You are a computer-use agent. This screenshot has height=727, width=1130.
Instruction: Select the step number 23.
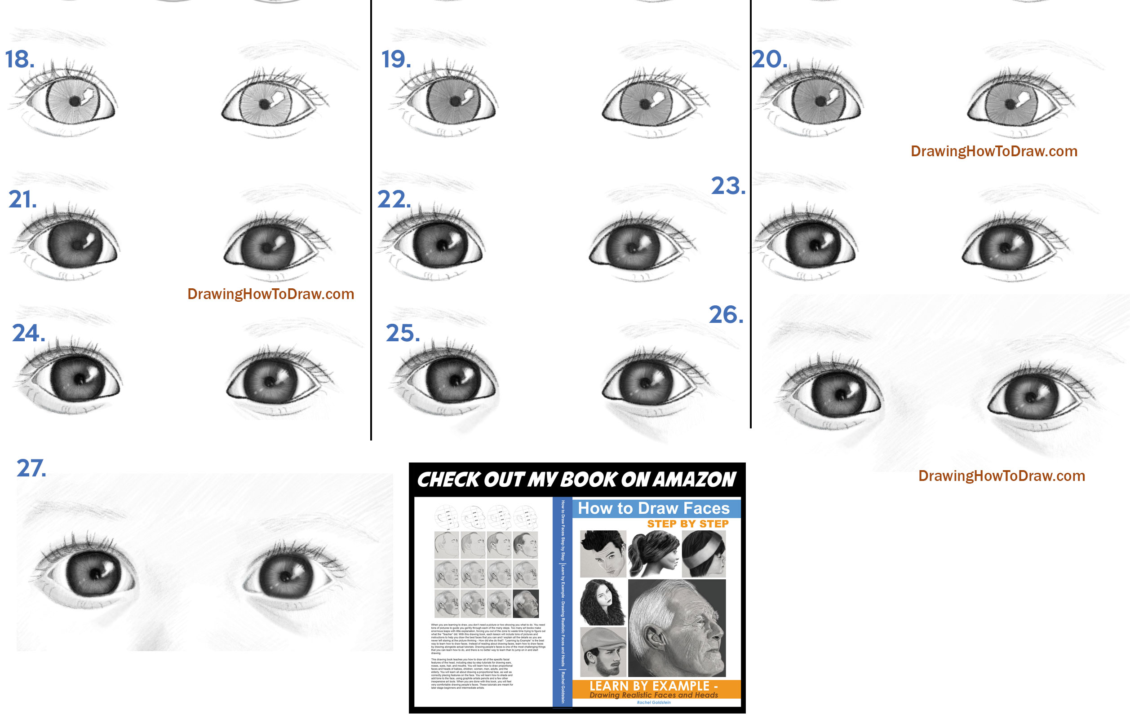728,186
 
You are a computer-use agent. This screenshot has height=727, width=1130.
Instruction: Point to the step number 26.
725,315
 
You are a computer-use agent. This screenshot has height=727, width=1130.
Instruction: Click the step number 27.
31,468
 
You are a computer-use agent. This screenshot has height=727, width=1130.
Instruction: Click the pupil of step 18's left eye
75,101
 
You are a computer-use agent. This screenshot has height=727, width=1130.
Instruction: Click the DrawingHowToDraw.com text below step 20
993,151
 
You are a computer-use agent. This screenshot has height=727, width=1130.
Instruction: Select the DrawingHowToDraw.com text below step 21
270,294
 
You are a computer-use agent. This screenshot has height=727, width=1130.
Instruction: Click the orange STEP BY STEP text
687,524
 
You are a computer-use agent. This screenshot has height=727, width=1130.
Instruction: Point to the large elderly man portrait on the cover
676,628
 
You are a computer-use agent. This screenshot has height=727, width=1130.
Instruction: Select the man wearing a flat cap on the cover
603,652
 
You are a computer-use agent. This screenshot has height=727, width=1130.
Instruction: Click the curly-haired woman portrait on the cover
603,602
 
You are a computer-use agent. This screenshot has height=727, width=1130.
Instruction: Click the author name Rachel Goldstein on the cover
653,702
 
